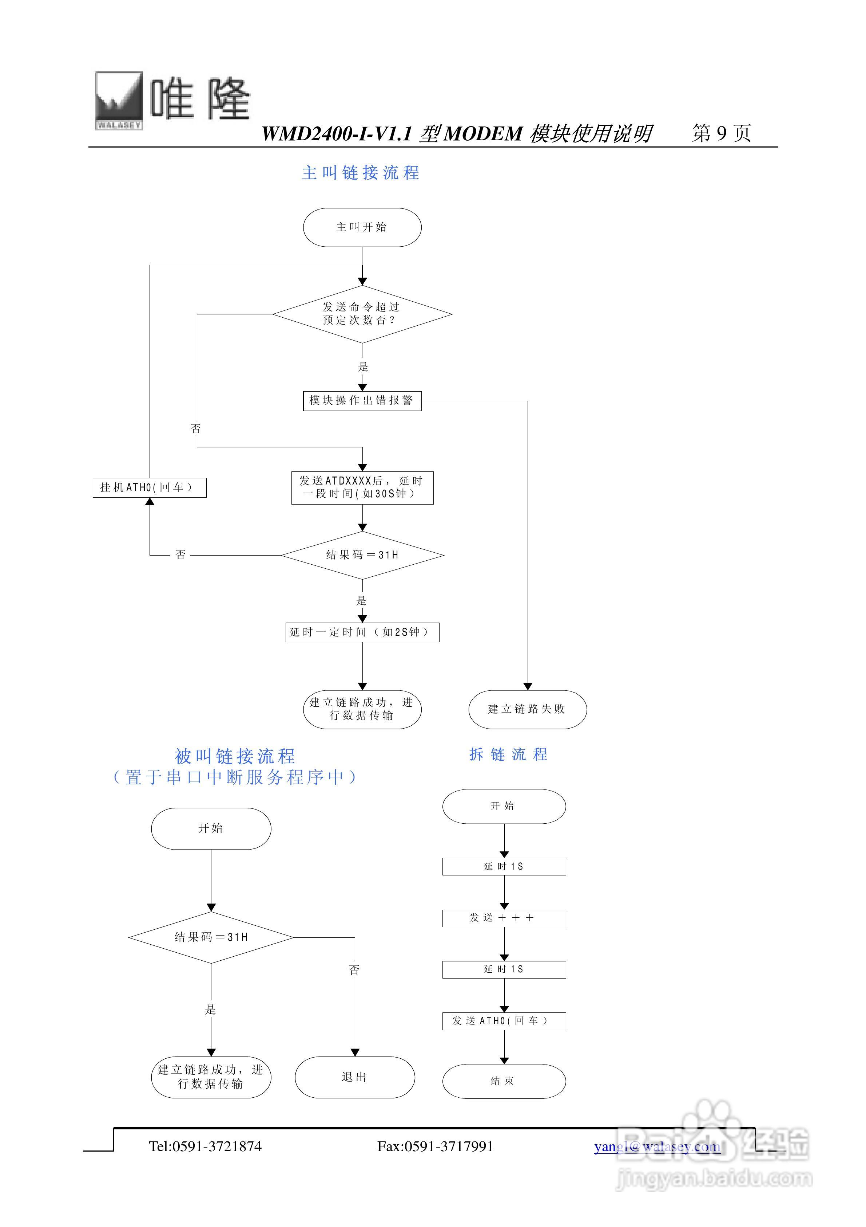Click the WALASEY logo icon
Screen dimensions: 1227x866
tap(119, 101)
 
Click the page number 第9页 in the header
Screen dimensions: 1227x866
tap(721, 133)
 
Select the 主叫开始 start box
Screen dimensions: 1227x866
tap(362, 227)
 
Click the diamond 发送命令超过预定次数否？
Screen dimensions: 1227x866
tap(362, 314)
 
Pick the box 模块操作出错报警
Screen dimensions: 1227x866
tap(362, 401)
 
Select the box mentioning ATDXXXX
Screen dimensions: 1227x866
tap(362, 487)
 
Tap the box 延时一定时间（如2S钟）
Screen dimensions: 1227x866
tap(362, 632)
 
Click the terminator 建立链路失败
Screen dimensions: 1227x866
tap(528, 709)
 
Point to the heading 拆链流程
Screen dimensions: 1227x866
tap(508, 754)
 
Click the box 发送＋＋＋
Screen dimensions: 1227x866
tap(504, 918)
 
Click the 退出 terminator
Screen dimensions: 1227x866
tap(354, 1077)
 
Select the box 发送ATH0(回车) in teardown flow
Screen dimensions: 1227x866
tap(504, 1021)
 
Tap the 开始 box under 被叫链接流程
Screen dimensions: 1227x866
tap(211, 828)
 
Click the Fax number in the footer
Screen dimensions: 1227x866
tap(435, 1146)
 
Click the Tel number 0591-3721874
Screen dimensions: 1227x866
tap(205, 1146)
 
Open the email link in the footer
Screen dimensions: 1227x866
tap(657, 1146)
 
